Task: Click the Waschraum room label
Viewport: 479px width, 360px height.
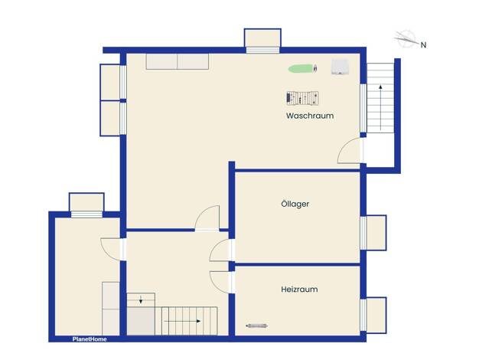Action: (x=310, y=116)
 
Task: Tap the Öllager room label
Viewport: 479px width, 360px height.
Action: (x=295, y=204)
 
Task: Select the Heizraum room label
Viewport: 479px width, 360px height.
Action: (x=299, y=289)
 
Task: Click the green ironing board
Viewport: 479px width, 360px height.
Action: (x=303, y=68)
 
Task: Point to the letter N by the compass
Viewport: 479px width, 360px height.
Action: (x=423, y=45)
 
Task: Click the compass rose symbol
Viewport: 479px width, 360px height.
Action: (x=406, y=39)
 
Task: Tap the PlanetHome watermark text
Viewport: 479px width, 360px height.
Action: (x=90, y=339)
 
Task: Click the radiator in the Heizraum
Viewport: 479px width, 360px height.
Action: (x=257, y=326)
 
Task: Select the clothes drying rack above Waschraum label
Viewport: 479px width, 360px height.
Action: (x=302, y=98)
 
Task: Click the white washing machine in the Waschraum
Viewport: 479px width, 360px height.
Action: (x=341, y=67)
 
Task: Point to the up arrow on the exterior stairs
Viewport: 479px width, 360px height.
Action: (x=380, y=108)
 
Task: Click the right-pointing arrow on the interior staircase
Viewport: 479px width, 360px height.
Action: (x=182, y=321)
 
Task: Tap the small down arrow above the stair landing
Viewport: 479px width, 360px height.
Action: (x=141, y=299)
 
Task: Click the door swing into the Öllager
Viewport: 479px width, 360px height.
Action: (x=220, y=250)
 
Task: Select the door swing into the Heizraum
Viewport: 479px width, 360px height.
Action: (x=220, y=282)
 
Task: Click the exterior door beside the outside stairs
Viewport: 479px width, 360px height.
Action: (x=350, y=150)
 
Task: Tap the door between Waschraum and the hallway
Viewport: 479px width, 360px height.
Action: (x=207, y=218)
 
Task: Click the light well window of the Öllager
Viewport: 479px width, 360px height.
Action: (x=373, y=233)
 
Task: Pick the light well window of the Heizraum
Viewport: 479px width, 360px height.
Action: (x=373, y=315)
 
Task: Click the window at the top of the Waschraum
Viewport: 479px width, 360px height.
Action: (x=262, y=41)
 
